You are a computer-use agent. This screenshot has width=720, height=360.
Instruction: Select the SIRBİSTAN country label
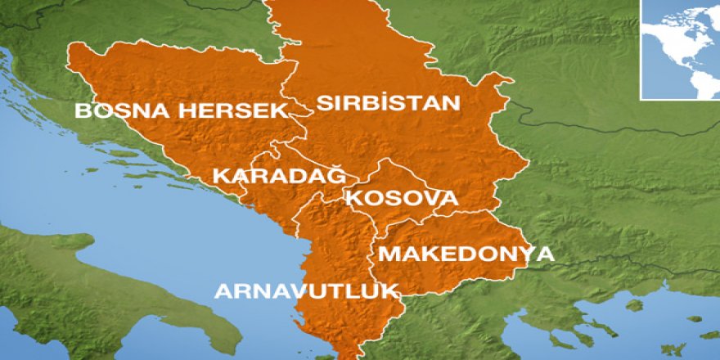(x=389, y=104)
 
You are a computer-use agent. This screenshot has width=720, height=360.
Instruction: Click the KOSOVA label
(x=401, y=199)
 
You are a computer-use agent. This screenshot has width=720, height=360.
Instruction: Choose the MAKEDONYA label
(x=466, y=254)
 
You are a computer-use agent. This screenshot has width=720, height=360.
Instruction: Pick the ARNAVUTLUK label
(x=306, y=290)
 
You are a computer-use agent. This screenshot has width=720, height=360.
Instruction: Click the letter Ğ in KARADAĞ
(x=336, y=174)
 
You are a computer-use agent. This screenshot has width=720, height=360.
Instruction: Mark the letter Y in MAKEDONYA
(x=521, y=254)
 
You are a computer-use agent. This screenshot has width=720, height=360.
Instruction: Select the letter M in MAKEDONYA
(x=387, y=254)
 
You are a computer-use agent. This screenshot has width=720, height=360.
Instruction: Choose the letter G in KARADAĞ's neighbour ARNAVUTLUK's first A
(x=223, y=290)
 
